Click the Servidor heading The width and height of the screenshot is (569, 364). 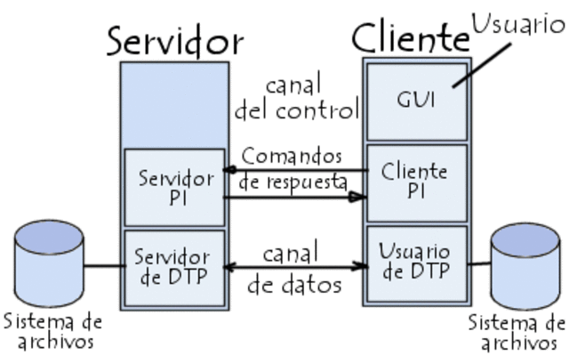coord(175,40)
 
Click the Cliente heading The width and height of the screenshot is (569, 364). coord(410,37)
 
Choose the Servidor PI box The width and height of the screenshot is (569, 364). coord(176,186)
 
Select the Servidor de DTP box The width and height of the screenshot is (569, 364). coord(176,266)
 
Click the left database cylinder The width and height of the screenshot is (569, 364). coord(50,258)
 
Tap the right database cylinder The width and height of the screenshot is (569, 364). coord(526,263)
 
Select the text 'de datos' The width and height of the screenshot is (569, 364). coord(294,286)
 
